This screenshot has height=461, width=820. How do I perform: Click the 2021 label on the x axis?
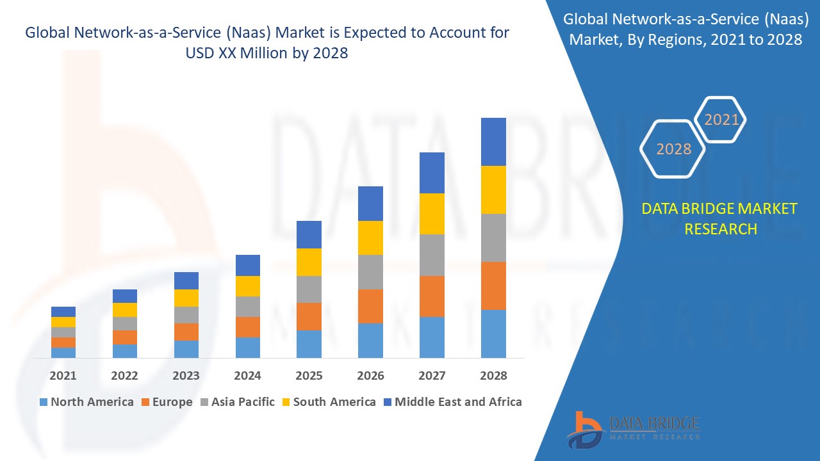coord(63,375)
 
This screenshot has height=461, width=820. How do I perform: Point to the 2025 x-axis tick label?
coord(309,375)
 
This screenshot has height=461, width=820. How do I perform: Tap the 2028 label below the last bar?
coord(493,375)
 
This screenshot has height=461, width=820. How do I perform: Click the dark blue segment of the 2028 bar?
coord(493,142)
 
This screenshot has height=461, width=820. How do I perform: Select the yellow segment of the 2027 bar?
coord(432,213)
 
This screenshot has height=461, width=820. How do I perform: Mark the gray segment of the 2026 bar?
coord(370,272)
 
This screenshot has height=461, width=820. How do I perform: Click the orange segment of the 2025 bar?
coord(309,316)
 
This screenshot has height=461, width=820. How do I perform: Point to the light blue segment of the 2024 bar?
coord(247,347)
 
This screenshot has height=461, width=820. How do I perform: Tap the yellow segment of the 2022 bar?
coord(124,310)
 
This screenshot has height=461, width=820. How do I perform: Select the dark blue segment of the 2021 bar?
coord(63,312)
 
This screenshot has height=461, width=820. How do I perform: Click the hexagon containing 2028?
coord(673,149)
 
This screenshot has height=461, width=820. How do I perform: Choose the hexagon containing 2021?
coord(721,120)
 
